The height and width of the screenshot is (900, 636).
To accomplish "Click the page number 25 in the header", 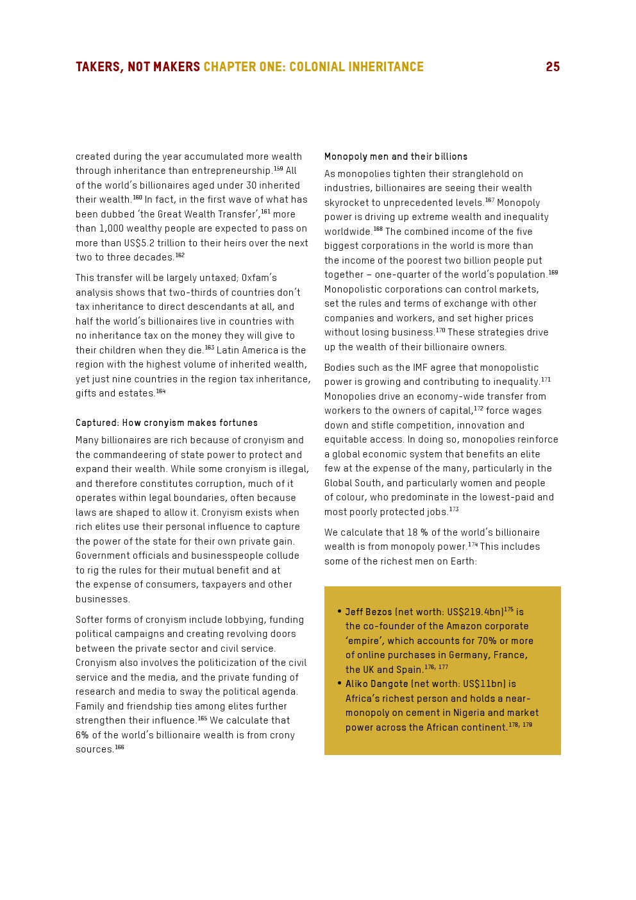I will (553, 67).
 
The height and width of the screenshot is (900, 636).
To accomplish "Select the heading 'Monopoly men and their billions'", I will (396, 157).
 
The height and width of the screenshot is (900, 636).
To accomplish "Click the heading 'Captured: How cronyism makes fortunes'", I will (167, 423).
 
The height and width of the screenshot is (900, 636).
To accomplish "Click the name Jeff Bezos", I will (369, 612).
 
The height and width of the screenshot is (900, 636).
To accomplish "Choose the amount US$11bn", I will (478, 684).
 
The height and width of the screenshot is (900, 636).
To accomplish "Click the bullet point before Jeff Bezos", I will (339, 611).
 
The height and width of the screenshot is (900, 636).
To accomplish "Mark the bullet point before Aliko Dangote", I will (339, 683).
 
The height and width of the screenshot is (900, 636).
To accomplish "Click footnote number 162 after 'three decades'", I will (180, 255).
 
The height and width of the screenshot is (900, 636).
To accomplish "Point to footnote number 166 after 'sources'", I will (120, 747).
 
